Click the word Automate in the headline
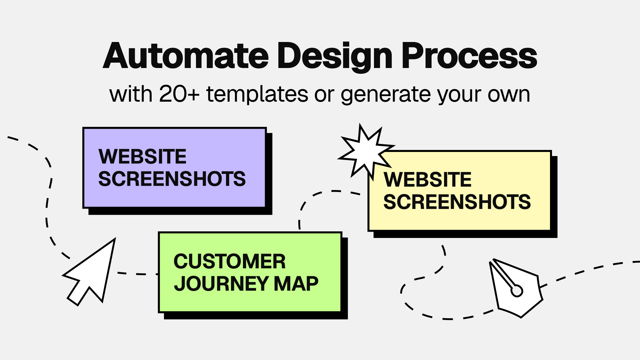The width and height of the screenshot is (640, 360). tap(186, 56)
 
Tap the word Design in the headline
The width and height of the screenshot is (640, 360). tap(335, 57)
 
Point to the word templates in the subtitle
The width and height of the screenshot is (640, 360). tap(257, 95)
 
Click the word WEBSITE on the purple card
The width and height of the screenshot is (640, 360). tap(142, 156)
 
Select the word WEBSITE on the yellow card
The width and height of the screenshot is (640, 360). tap(428, 179)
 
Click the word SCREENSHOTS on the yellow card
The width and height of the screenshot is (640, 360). tap(457, 202)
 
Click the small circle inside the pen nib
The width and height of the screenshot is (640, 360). tap(517, 291)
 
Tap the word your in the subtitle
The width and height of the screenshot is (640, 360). tap(459, 96)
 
